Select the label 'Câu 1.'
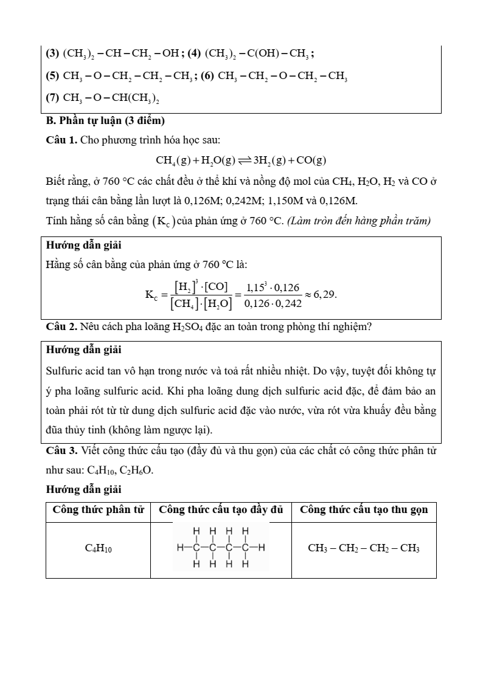(61, 140)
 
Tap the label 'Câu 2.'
(61, 326)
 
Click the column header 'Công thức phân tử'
(98, 510)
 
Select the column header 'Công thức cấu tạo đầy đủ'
(221, 510)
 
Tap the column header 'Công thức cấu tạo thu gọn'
(364, 510)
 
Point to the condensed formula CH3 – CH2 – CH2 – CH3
(364, 548)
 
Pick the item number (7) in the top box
(53, 97)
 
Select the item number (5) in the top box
(53, 76)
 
